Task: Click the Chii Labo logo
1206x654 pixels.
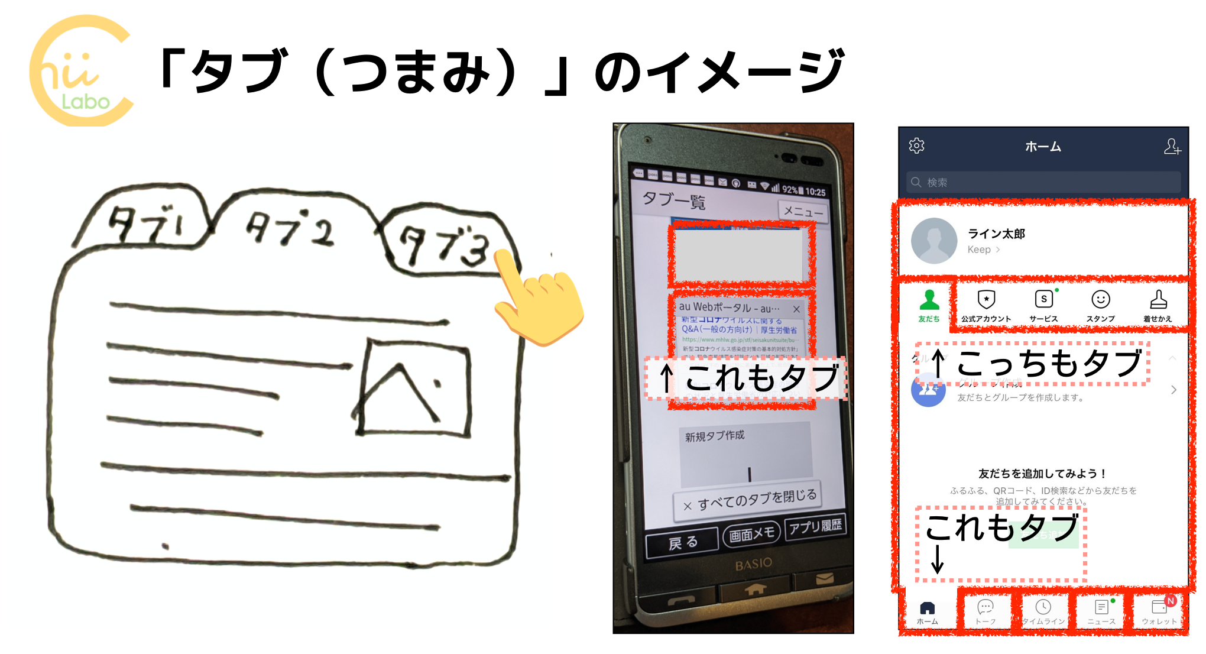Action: coord(81,71)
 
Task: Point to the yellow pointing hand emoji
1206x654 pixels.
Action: coord(538,302)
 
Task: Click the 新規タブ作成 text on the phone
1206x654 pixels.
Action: coord(715,436)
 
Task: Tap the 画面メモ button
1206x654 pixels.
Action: coord(751,534)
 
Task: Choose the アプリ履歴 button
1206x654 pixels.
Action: coord(815,526)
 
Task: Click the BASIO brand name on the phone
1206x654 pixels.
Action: coord(753,564)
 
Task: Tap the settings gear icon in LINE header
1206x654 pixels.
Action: coord(916,146)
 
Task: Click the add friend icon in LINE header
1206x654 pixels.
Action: coord(1172,147)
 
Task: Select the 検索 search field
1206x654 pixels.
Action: coord(1043,182)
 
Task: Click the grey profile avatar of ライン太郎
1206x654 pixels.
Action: coord(933,241)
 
